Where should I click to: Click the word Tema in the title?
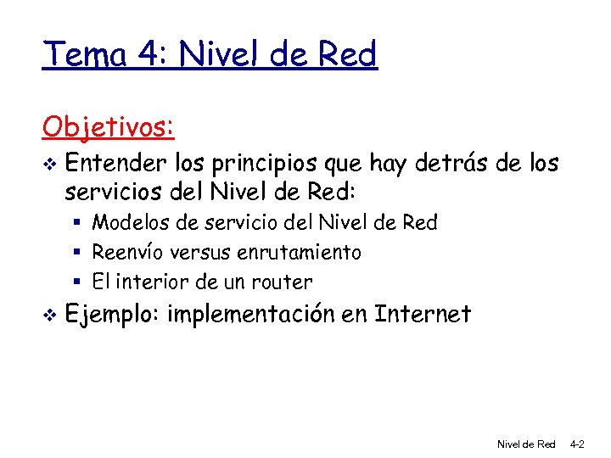coord(82,55)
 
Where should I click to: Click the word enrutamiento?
coord(302,252)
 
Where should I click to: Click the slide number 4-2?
coord(576,444)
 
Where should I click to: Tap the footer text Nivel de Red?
coord(525,444)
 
